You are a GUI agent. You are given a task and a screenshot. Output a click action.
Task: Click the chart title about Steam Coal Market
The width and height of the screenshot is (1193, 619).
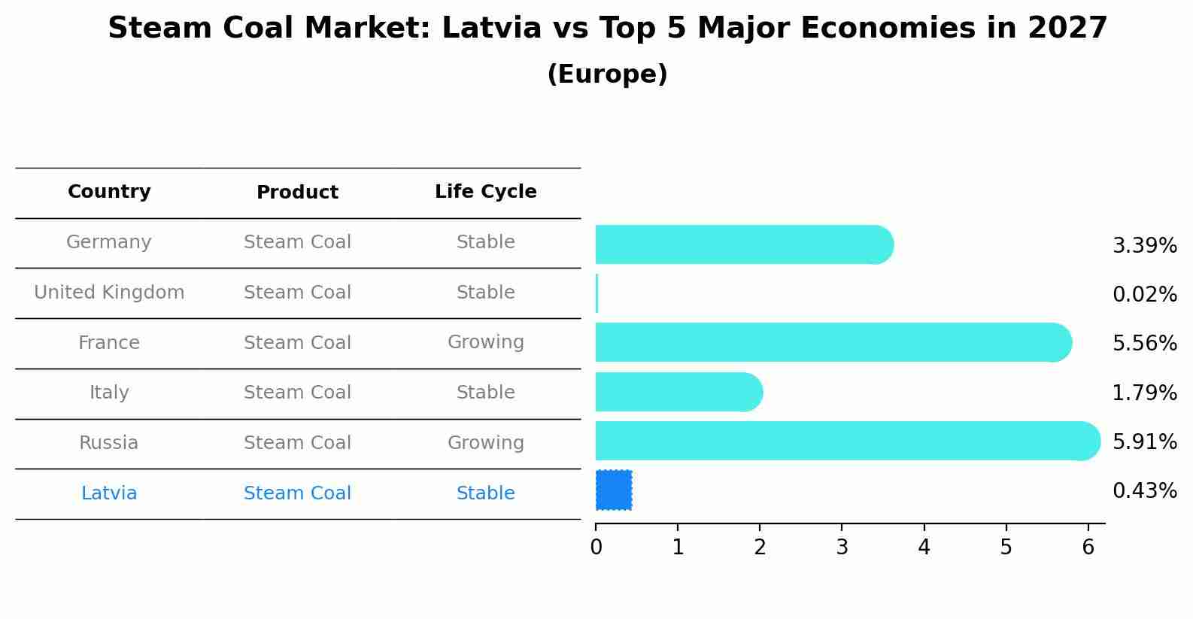607,29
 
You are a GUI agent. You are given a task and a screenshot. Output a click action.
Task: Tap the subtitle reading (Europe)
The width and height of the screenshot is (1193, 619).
607,74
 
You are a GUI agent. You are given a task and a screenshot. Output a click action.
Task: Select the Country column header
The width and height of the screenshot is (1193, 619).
109,192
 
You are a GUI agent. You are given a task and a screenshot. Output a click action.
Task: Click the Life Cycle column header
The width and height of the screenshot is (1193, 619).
485,192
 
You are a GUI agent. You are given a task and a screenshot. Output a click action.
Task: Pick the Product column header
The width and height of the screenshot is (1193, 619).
297,193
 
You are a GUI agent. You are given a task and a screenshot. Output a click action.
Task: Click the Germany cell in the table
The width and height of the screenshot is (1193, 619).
109,242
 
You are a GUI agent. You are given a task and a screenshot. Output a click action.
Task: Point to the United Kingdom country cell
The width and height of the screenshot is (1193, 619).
109,293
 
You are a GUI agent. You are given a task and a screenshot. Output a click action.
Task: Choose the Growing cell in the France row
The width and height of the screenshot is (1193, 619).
485,342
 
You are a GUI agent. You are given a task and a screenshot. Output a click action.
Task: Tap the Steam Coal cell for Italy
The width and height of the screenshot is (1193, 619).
297,393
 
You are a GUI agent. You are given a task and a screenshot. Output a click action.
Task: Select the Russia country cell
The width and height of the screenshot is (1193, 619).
109,443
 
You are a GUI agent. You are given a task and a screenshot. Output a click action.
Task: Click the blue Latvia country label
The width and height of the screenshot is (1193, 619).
109,493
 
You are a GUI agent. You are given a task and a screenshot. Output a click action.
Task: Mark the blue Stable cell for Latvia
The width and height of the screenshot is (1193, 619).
485,493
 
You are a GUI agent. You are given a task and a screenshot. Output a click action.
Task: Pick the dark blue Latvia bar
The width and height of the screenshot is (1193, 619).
614,490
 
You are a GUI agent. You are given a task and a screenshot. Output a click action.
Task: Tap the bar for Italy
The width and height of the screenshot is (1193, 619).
678,392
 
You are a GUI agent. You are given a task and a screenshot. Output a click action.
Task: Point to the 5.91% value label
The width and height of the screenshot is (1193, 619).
1144,441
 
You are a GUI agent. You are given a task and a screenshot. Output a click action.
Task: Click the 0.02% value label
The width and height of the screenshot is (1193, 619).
1144,294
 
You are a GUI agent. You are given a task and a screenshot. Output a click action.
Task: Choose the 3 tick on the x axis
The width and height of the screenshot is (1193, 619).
842,547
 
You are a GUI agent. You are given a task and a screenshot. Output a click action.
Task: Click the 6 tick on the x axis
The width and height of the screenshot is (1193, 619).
1088,547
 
